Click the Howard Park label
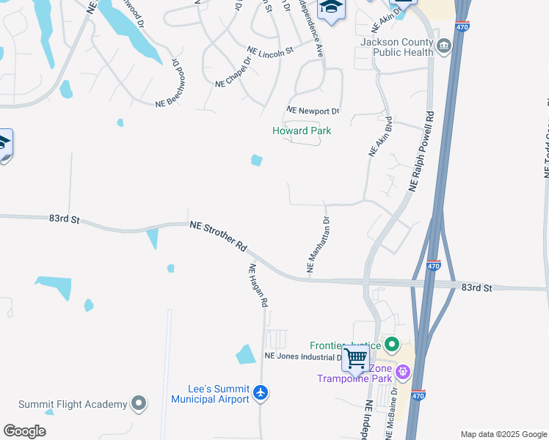click(x=302, y=131)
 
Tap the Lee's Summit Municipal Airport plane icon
click(x=261, y=393)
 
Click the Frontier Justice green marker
click(x=391, y=344)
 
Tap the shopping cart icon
click(x=355, y=359)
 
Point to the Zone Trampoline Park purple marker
click(x=402, y=373)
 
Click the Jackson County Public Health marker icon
click(x=444, y=48)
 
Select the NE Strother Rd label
click(x=218, y=236)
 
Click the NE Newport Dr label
click(x=313, y=111)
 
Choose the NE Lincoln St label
click(x=270, y=51)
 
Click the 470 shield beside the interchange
click(x=434, y=265)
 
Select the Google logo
click(x=24, y=431)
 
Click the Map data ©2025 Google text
click(x=503, y=434)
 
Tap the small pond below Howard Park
click(x=257, y=160)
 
